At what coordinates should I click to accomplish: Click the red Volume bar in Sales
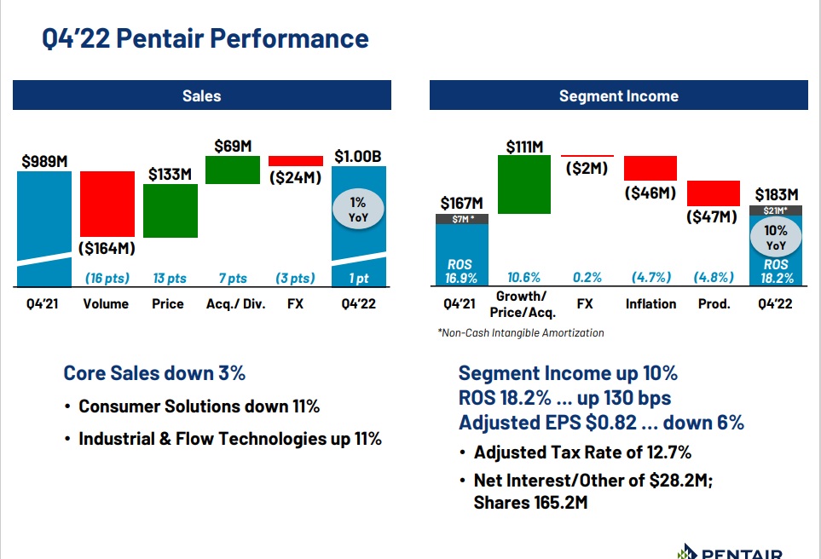click(107, 204)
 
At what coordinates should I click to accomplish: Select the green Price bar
click(171, 210)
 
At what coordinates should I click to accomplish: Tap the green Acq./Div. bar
click(232, 170)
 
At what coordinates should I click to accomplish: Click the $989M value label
click(44, 160)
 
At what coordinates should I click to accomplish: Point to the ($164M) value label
click(108, 250)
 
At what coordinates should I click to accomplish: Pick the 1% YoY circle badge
click(358, 209)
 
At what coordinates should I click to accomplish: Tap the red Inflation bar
click(650, 168)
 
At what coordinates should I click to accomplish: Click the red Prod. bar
click(713, 193)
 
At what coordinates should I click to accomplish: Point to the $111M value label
click(524, 147)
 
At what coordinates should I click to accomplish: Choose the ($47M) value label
click(712, 216)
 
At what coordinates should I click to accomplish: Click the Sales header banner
click(201, 95)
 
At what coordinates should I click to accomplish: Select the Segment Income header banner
click(618, 95)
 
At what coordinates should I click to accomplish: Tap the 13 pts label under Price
click(170, 278)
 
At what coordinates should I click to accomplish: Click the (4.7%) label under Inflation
click(650, 277)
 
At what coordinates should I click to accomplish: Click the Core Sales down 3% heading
click(154, 373)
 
